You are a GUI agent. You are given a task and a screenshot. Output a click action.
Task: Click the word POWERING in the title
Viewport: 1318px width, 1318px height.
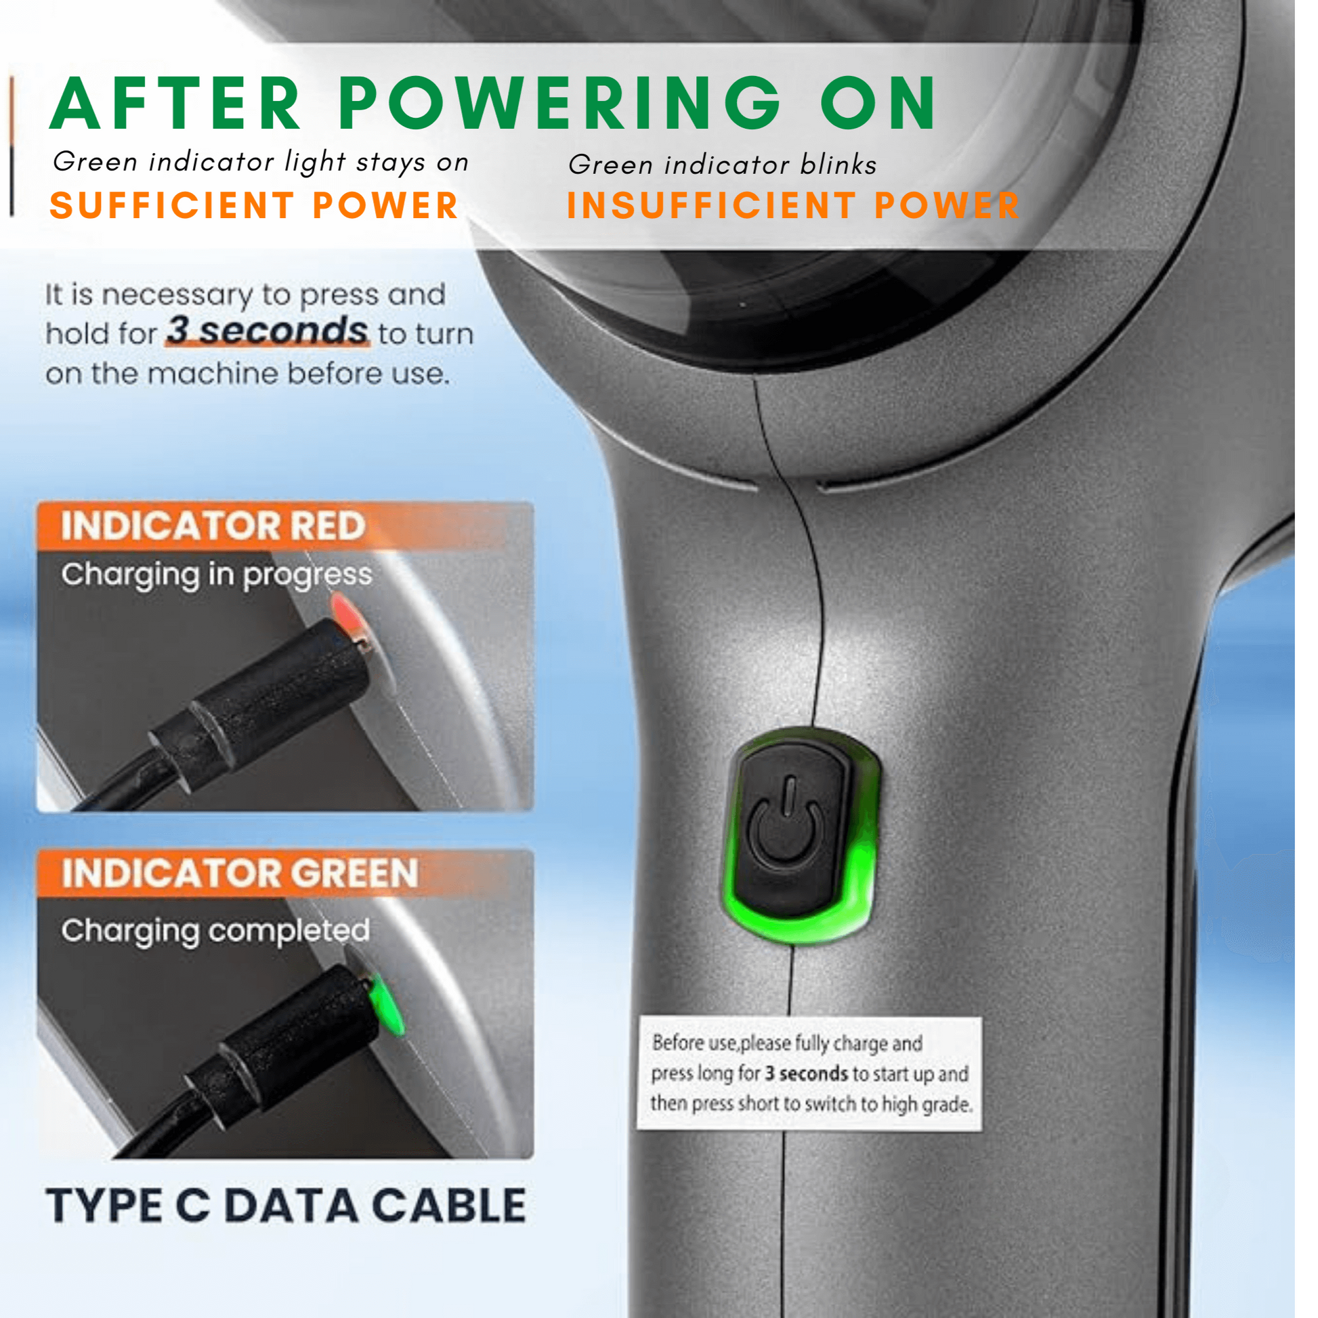pos(559,104)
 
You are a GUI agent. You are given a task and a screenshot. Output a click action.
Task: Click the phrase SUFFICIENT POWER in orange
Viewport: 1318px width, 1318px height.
pos(254,205)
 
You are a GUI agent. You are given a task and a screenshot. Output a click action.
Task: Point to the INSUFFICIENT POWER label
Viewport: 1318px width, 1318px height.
pos(792,205)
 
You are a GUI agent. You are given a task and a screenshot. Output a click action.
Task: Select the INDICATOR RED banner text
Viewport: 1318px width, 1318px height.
pos(213,526)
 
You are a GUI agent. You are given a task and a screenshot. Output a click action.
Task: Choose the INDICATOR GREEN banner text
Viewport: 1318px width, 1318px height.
pos(240,874)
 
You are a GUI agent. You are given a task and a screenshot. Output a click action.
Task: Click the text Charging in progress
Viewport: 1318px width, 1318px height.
pos(216,575)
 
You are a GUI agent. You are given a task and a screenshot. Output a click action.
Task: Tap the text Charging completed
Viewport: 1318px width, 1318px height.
pos(215,931)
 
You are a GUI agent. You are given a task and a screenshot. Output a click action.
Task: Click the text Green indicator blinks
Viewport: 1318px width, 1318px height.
pos(722,165)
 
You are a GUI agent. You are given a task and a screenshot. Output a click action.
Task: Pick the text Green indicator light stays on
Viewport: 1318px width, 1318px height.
pos(261,163)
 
